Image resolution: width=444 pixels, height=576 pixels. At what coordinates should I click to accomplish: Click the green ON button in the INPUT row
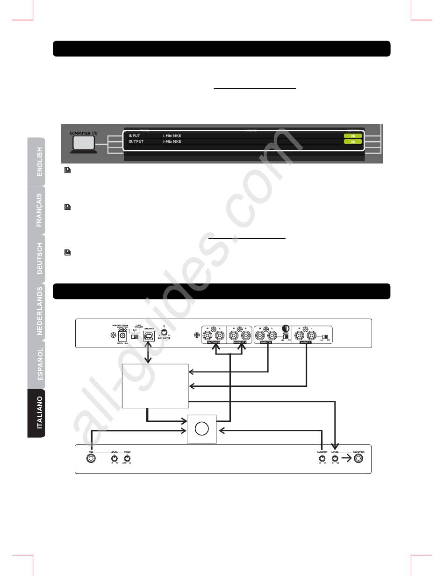353,135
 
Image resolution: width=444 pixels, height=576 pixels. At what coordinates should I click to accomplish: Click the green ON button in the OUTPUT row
353,141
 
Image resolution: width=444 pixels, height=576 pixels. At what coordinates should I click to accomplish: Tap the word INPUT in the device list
135,135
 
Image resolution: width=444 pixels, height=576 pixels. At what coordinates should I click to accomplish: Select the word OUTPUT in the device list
136,141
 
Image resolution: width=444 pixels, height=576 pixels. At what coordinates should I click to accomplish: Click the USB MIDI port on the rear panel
149,335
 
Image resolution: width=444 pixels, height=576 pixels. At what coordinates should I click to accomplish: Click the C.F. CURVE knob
164,334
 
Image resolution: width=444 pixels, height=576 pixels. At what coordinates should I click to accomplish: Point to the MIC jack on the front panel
91,459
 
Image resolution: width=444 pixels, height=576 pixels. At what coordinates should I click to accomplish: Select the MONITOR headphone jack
358,459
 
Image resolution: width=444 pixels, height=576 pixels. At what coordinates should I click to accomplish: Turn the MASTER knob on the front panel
322,459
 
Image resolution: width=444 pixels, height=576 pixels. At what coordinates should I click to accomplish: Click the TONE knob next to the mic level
127,459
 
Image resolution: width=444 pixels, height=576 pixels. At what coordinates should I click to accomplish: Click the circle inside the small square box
201,429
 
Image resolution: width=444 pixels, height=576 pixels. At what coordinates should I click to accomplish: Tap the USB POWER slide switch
135,336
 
